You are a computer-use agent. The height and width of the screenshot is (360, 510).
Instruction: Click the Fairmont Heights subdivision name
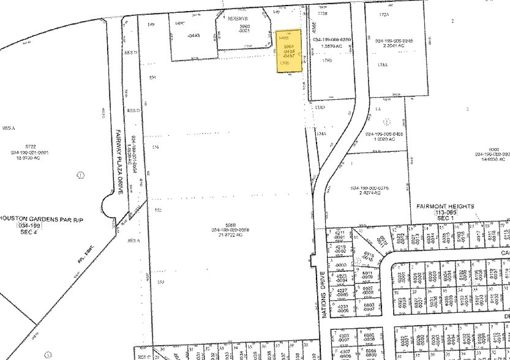click(445, 206)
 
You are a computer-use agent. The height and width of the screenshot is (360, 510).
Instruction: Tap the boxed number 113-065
click(446, 212)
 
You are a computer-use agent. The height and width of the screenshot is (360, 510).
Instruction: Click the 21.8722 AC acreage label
click(228, 235)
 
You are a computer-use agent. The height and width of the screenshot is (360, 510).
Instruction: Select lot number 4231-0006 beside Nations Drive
click(341, 309)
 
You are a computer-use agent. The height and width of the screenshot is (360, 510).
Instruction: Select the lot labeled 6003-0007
click(369, 307)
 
